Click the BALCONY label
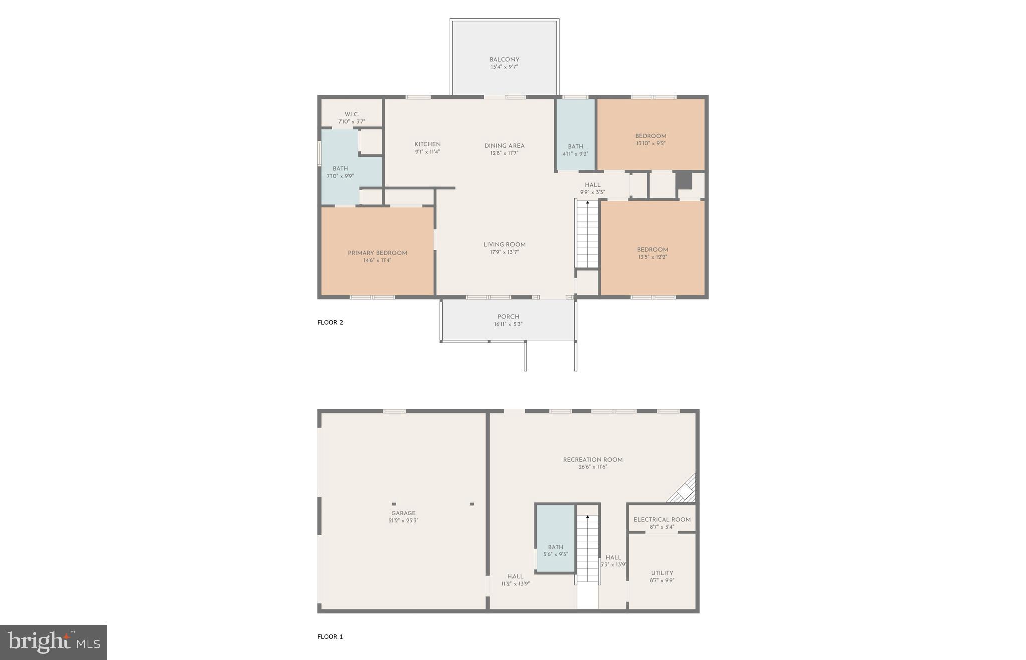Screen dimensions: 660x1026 pyautogui.click(x=504, y=60)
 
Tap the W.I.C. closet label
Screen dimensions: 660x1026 pyautogui.click(x=351, y=115)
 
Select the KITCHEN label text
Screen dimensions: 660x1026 pyautogui.click(x=427, y=144)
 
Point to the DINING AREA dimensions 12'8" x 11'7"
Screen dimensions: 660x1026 pyautogui.click(x=504, y=153)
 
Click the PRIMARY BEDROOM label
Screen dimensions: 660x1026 pyautogui.click(x=377, y=253)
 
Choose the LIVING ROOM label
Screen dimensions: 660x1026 pyautogui.click(x=504, y=245)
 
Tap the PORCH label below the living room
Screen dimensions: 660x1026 pyautogui.click(x=508, y=317)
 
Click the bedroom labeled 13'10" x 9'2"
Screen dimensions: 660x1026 pyautogui.click(x=650, y=139)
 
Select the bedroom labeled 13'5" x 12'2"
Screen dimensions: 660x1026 pyautogui.click(x=652, y=253)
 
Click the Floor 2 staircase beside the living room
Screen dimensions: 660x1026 pyautogui.click(x=587, y=234)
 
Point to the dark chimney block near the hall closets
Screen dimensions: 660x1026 pyautogui.click(x=684, y=181)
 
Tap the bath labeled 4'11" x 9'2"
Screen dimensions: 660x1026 pyautogui.click(x=575, y=150)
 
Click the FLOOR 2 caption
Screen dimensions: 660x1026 pyautogui.click(x=330, y=323)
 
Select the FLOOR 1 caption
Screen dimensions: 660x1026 pyautogui.click(x=330, y=637)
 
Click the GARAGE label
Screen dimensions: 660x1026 pyautogui.click(x=403, y=513)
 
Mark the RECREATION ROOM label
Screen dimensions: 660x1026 pyautogui.click(x=592, y=460)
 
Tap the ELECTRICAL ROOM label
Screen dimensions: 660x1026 pyautogui.click(x=662, y=520)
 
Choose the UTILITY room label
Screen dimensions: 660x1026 pyautogui.click(x=662, y=573)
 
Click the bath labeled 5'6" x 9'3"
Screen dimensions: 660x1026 pyautogui.click(x=555, y=550)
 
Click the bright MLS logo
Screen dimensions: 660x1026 pyautogui.click(x=54, y=642)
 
